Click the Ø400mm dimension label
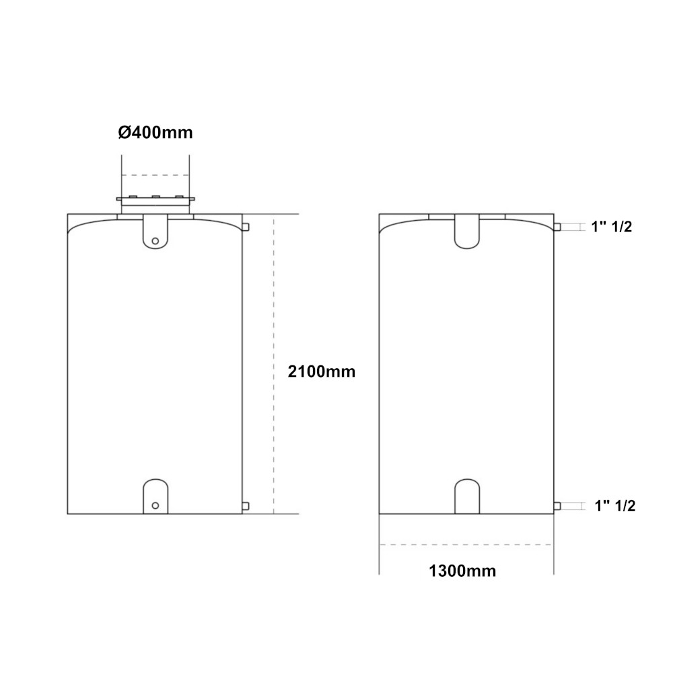click(x=155, y=132)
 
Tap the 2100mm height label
click(x=322, y=371)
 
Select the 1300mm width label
click(x=462, y=571)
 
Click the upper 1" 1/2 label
click(x=612, y=227)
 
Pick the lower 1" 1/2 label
click(x=614, y=505)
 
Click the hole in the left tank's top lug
click(x=155, y=241)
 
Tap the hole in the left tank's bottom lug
click(x=155, y=505)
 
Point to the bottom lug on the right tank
click(x=467, y=497)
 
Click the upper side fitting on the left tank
click(x=246, y=227)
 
